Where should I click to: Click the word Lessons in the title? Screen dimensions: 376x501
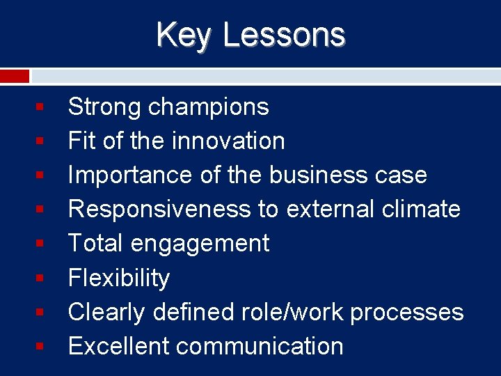coord(283,34)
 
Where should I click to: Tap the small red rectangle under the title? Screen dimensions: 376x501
coord(15,76)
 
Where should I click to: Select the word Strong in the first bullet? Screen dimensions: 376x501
coord(104,107)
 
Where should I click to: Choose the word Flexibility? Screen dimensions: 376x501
coord(118,278)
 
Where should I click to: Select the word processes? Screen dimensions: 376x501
coord(406,313)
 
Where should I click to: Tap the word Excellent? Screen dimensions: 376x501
coord(118,346)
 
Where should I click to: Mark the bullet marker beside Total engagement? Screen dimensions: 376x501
coord(41,244)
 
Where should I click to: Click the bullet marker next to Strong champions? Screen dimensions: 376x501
coord(41,107)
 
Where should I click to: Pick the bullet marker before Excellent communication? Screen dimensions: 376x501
coord(41,346)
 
